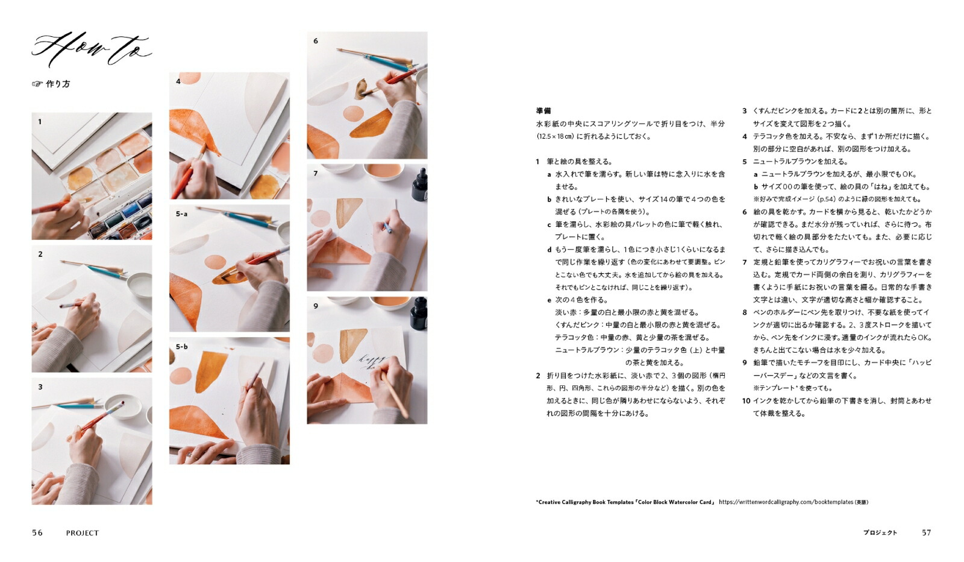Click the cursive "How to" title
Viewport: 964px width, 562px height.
click(92, 49)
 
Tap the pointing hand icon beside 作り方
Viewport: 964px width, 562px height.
click(37, 84)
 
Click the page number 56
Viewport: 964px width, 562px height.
click(37, 532)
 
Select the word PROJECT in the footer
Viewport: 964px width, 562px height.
click(82, 533)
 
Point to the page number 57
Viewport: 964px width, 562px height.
click(926, 532)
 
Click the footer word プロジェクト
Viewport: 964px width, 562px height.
click(880, 532)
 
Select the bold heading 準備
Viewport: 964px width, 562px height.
click(543, 111)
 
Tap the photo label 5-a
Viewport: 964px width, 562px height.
click(181, 214)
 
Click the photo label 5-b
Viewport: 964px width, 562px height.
click(181, 347)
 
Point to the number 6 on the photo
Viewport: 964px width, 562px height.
click(316, 41)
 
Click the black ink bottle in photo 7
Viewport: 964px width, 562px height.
click(419, 185)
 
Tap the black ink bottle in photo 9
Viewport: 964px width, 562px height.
click(419, 314)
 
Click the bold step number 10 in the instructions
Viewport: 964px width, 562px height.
click(746, 401)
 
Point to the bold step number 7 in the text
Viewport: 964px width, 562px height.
click(745, 262)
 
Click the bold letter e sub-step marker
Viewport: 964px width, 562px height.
click(549, 300)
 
